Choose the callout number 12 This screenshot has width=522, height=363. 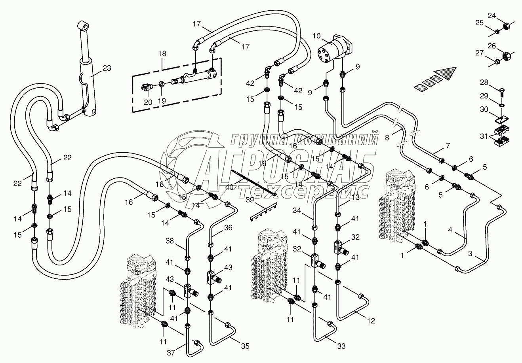(x=371, y=321)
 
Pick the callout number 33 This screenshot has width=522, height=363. (x=341, y=346)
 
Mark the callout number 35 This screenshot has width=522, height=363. (x=245, y=346)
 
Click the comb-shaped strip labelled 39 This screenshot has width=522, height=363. (x=263, y=214)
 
